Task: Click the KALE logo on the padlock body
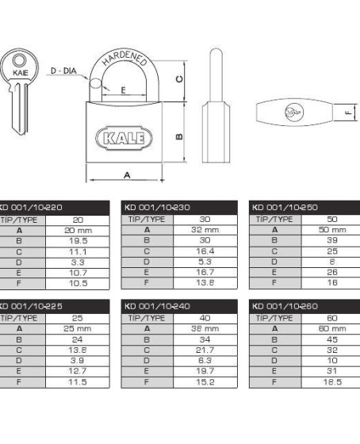tap(124, 138)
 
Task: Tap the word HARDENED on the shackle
tap(125, 59)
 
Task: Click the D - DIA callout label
tap(63, 71)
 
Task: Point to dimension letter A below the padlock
tap(127, 175)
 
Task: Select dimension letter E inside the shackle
tap(123, 90)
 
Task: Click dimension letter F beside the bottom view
tap(349, 113)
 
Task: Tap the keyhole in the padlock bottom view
tap(294, 112)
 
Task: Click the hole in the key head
tap(19, 61)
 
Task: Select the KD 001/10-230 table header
tap(157, 207)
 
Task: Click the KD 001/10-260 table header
tap(285, 306)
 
